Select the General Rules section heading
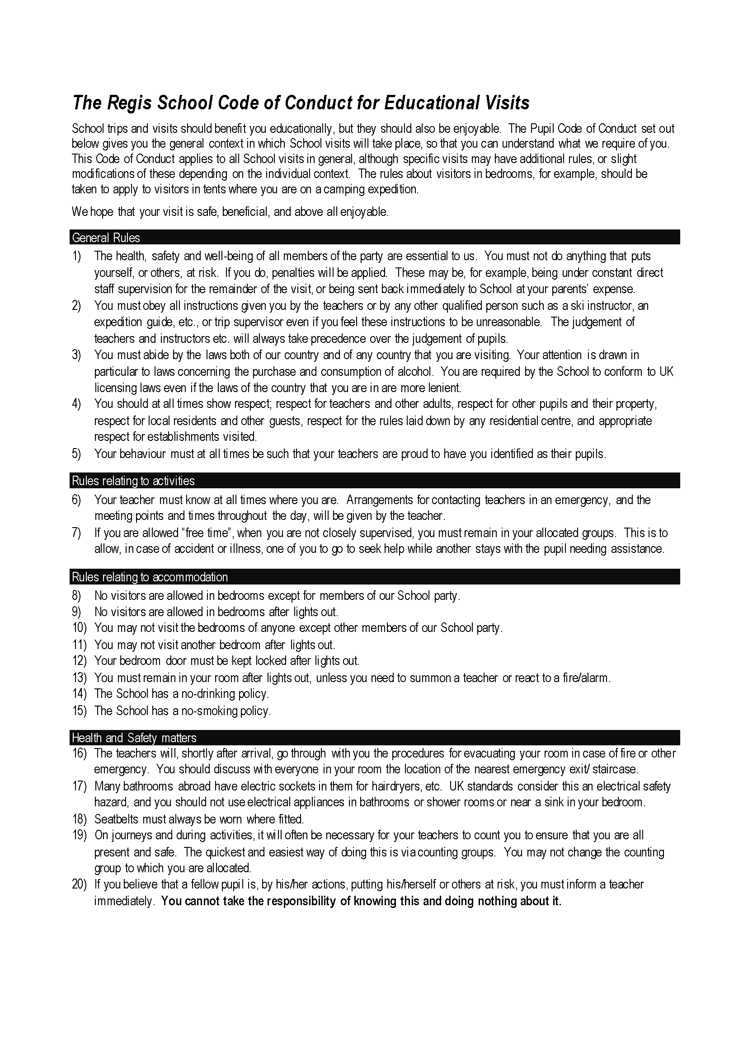pyautogui.click(x=106, y=238)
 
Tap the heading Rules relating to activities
pyautogui.click(x=133, y=481)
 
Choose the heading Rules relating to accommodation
pyautogui.click(x=150, y=577)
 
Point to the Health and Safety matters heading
pyautogui.click(x=134, y=738)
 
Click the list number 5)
pyautogui.click(x=76, y=454)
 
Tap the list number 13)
pyautogui.click(x=79, y=678)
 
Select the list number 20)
pyautogui.click(x=79, y=884)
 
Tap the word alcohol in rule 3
pyautogui.click(x=419, y=371)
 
